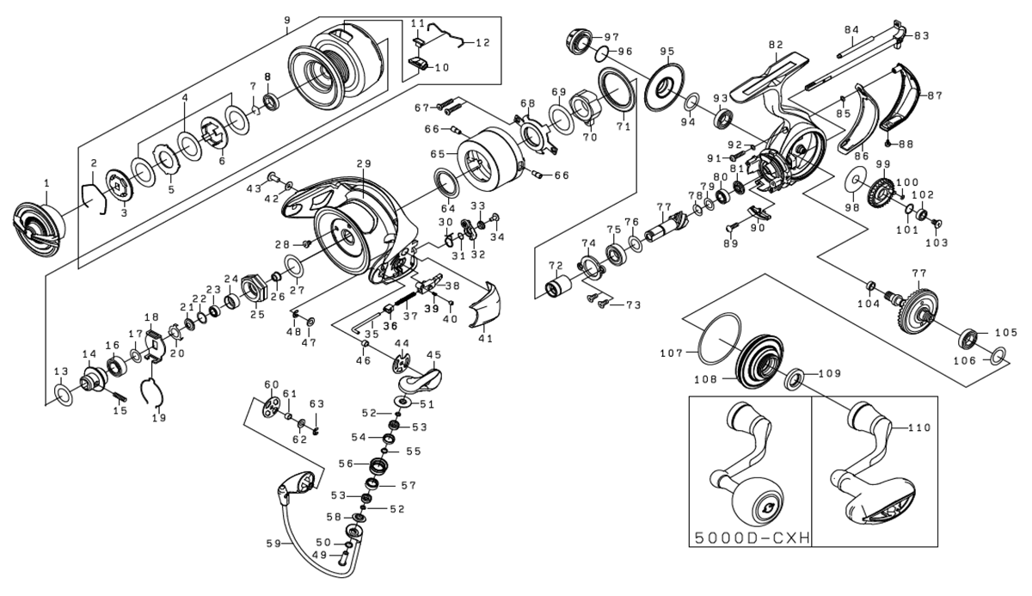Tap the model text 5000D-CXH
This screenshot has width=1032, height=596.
(750, 538)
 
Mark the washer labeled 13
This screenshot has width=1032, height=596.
(63, 395)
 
